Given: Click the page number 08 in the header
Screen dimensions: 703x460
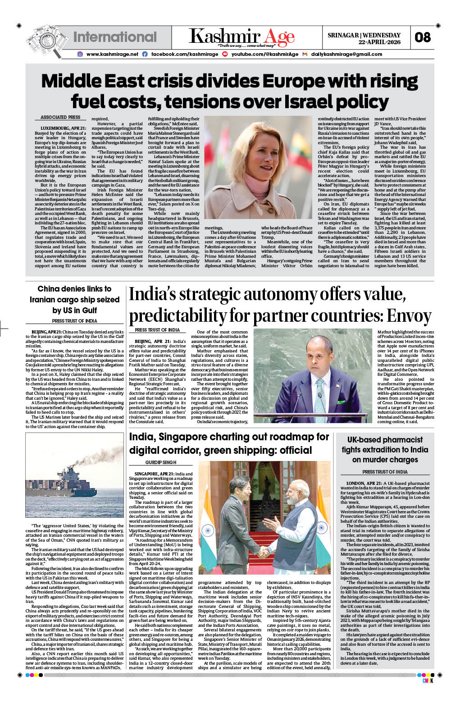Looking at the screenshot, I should (423, 37).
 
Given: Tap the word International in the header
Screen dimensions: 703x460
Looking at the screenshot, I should (115, 37).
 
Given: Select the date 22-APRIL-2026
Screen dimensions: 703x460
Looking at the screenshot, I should (379, 42).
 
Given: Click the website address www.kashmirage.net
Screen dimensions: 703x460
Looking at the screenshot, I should (112, 54).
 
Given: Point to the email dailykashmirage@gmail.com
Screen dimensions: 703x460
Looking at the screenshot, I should (346, 54).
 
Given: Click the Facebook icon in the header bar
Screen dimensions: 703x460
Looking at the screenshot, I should (145, 54).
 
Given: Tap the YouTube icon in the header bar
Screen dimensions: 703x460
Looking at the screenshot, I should (225, 54).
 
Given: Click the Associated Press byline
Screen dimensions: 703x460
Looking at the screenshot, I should (60, 117).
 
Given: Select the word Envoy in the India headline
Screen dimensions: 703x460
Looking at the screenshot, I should (409, 316).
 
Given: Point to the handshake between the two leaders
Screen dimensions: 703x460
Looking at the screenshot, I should (262, 551).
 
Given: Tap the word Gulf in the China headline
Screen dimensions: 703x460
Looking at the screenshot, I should (89, 310).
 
